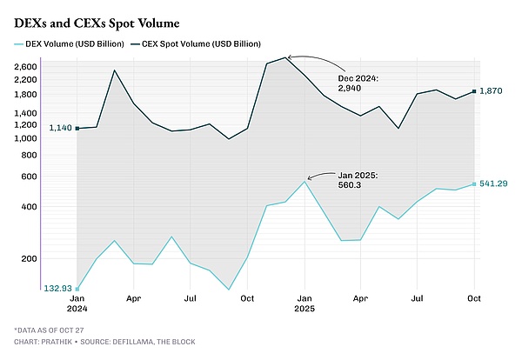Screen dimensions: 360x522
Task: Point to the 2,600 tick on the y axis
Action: (50, 67)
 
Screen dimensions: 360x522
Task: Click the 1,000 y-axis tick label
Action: (50, 138)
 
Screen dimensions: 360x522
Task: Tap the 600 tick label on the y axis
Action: (54, 177)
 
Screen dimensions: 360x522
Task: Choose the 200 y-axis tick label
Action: (54, 258)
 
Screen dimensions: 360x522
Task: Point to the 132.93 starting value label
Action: (58, 288)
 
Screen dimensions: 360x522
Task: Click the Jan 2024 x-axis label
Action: (77, 303)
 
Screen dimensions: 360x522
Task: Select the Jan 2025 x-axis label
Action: (304, 303)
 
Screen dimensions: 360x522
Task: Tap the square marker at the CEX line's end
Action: (474, 91)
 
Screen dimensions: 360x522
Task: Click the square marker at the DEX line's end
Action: (474, 184)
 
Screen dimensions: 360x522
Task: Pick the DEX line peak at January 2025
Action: (304, 181)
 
